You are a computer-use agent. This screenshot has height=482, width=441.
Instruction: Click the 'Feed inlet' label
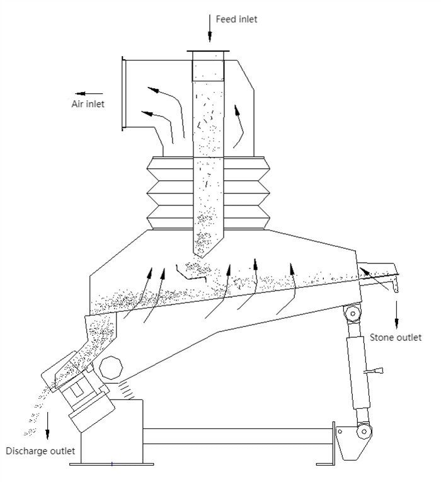tap(236, 19)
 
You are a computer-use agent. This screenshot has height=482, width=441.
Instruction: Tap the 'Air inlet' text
tap(88, 104)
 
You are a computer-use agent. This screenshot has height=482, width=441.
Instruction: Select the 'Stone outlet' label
tap(396, 337)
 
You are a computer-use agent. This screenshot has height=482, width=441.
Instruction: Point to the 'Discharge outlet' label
tap(40, 451)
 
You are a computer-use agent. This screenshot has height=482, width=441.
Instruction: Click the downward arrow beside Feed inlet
tap(210, 28)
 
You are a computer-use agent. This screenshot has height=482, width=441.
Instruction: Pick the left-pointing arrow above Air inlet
tap(89, 93)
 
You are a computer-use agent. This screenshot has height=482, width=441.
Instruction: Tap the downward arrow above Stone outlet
tap(396, 314)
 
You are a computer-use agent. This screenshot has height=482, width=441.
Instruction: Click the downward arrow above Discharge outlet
tap(47, 425)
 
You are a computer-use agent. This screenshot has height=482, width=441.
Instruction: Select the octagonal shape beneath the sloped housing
tap(111, 367)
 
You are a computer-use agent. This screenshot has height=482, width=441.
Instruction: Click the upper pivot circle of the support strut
tap(353, 314)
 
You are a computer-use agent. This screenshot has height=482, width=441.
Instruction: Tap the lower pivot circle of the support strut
tap(364, 432)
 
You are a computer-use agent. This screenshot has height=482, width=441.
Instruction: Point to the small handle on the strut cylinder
tap(374, 371)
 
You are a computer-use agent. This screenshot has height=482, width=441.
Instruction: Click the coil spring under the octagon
tap(127, 389)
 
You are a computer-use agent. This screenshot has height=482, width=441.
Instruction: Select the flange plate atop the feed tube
tap(208, 51)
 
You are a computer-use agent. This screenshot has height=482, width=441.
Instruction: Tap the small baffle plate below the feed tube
tap(190, 273)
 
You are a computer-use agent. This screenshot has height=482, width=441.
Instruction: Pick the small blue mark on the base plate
tap(112, 464)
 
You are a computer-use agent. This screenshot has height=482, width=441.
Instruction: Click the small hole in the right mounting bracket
tap(340, 431)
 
